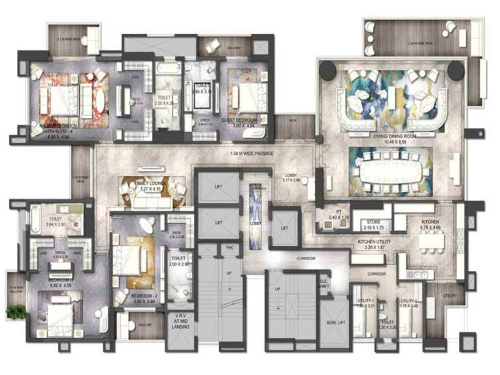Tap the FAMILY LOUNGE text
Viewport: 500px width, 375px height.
tap(151, 184)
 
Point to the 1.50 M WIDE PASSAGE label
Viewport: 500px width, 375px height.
tap(252, 153)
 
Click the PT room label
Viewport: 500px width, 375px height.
tap(332, 211)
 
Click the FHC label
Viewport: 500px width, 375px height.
tap(230, 248)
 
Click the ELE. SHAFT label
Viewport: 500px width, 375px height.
tap(323, 284)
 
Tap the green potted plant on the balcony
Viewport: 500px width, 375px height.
tap(16, 312)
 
